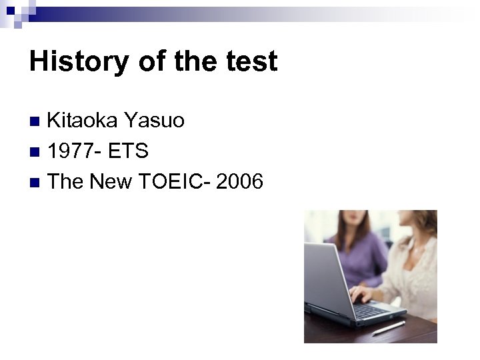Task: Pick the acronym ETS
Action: pyautogui.click(x=126, y=151)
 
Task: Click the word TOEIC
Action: pyautogui.click(x=169, y=181)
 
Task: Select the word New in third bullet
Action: pyautogui.click(x=111, y=181)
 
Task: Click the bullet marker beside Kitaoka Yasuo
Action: pyautogui.click(x=37, y=121)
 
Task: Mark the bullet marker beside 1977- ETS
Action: pyautogui.click(x=37, y=151)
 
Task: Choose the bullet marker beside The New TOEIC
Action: pyautogui.click(x=37, y=181)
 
